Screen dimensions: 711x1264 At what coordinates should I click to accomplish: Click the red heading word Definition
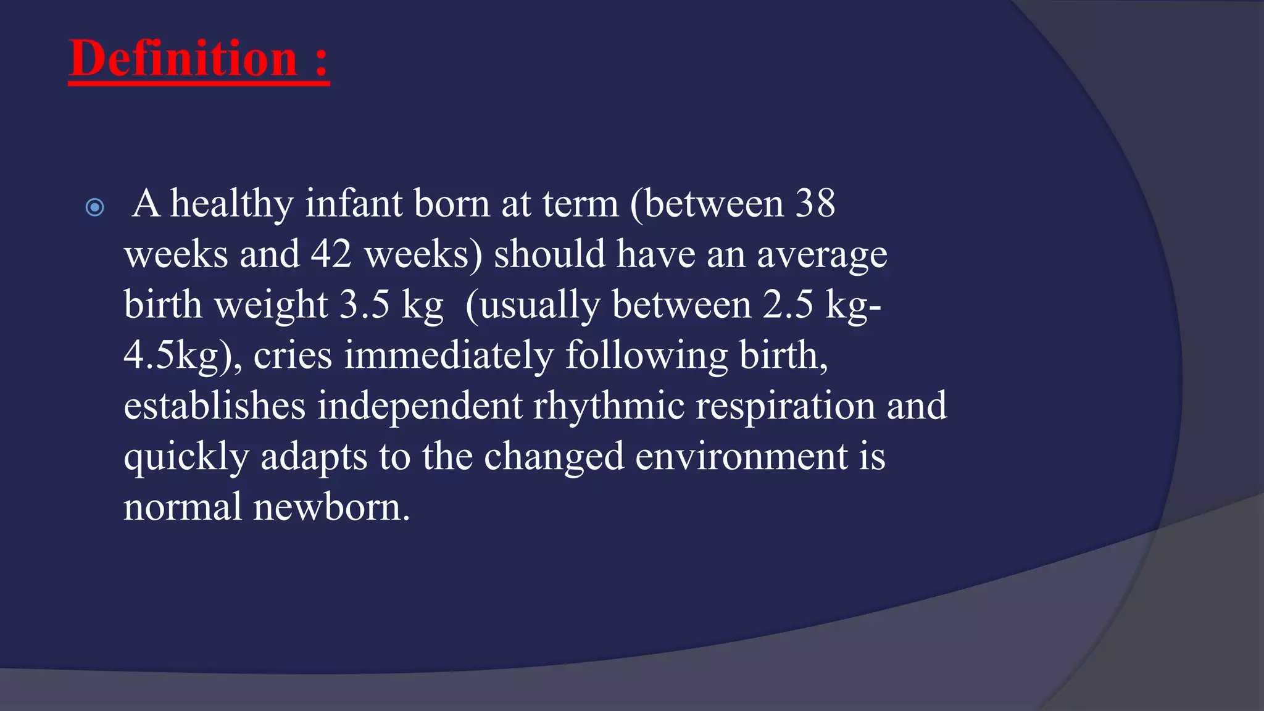click(x=183, y=59)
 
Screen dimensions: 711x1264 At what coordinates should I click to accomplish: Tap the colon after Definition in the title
click(x=321, y=62)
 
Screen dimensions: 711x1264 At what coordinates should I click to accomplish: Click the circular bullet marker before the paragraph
click(x=95, y=207)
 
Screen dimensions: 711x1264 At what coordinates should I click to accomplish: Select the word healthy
click(x=231, y=204)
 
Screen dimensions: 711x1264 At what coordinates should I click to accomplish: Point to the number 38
click(x=815, y=204)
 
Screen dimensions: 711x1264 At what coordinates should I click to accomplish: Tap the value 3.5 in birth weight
click(x=365, y=305)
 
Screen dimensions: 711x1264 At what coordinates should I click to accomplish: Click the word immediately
click(x=449, y=356)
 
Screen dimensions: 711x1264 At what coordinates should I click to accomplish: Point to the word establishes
click(x=214, y=406)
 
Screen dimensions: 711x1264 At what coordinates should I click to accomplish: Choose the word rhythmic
click(x=609, y=406)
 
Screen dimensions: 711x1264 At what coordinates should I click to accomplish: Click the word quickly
click(x=186, y=457)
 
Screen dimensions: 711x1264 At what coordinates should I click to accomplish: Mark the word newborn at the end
click(x=331, y=508)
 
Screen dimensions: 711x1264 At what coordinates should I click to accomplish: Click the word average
click(x=821, y=254)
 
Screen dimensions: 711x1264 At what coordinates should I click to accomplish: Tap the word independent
click(x=420, y=406)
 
